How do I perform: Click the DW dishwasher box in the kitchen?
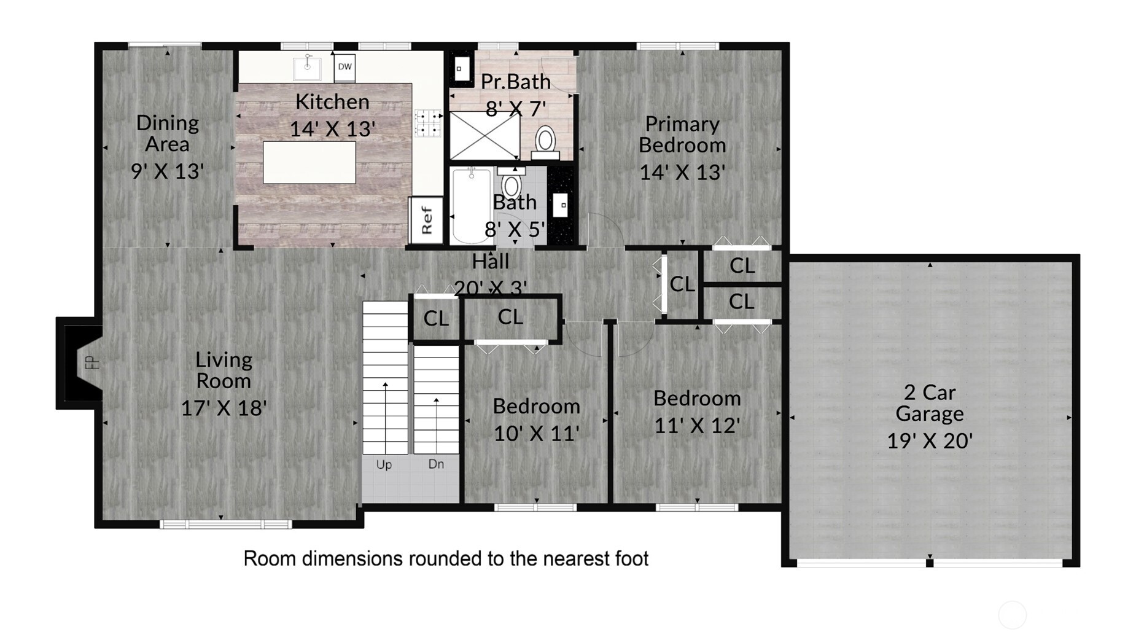click(344, 67)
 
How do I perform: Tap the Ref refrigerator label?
click(426, 220)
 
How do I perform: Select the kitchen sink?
click(307, 68)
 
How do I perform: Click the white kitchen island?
click(309, 162)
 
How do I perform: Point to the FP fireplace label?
click(91, 362)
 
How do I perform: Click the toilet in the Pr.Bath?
click(545, 140)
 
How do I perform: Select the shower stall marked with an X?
click(484, 136)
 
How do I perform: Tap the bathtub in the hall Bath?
click(471, 206)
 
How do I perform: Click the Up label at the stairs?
click(384, 464)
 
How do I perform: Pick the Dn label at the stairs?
click(436, 464)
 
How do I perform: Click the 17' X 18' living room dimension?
click(224, 408)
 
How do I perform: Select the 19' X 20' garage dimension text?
click(929, 440)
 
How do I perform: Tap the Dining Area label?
click(167, 133)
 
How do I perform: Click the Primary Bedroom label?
click(682, 135)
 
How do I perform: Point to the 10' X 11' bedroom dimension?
click(536, 433)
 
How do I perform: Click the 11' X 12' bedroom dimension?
click(696, 425)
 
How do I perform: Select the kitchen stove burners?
click(428, 122)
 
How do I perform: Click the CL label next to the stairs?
click(436, 318)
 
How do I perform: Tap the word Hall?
click(490, 262)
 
